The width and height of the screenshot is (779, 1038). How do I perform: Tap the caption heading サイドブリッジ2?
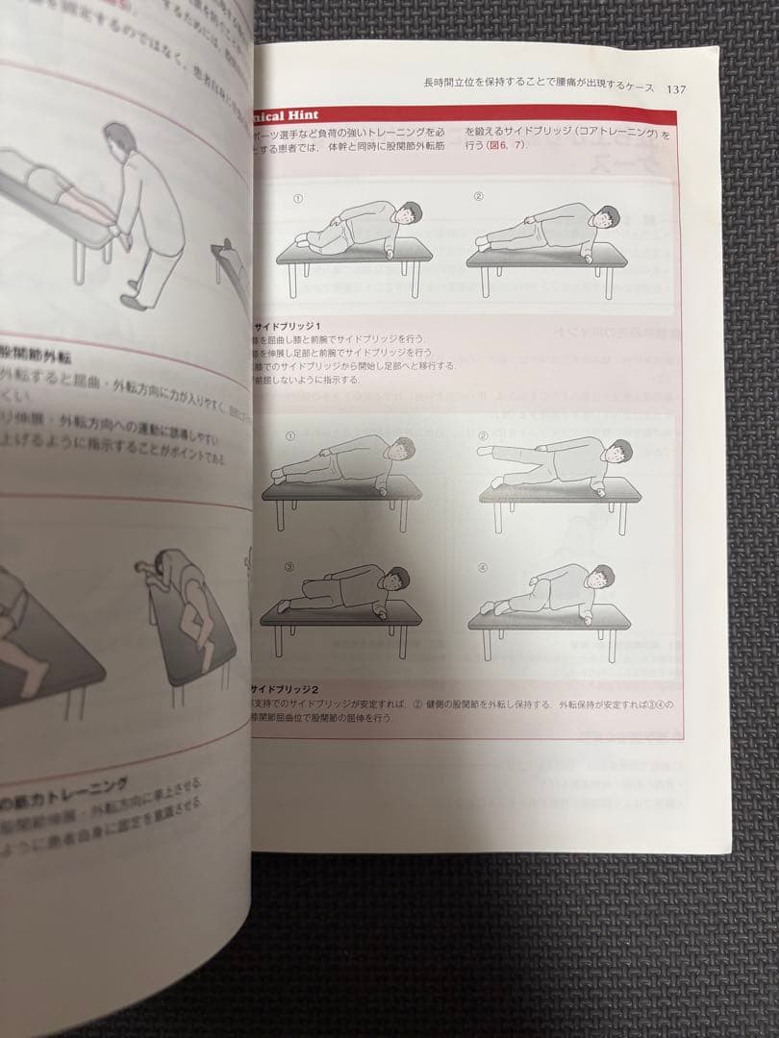284,690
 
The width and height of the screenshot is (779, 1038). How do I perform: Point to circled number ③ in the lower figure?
288,566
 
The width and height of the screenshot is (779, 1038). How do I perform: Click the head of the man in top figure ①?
411,212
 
